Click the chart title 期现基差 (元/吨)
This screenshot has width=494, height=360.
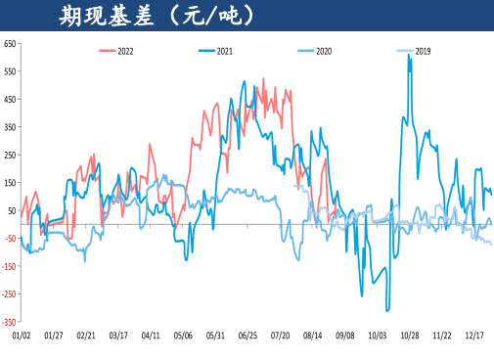tap(156, 16)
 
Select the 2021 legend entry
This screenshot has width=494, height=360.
tap(226, 50)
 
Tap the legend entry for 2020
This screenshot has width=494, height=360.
tap(324, 50)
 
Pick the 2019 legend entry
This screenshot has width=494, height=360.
tap(421, 50)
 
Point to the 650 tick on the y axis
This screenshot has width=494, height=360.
tap(10, 44)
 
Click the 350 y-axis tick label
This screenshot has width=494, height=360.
tap(10, 127)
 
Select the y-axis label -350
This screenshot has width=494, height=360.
tap(9, 321)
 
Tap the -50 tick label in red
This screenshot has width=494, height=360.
tap(10, 238)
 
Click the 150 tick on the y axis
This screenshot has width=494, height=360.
tap(10, 183)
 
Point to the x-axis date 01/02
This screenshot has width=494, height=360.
tap(21, 335)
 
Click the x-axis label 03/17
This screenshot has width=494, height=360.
tap(117, 335)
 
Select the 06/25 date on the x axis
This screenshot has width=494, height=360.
tap(247, 335)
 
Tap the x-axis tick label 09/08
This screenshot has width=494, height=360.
tap(344, 335)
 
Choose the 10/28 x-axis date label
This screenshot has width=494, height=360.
tap(409, 335)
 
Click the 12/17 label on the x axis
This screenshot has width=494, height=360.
tap(473, 335)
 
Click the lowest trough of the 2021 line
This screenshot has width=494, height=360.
tap(387, 310)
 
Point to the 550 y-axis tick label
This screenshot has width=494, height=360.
tap(10, 71)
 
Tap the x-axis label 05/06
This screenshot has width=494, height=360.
tap(183, 335)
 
